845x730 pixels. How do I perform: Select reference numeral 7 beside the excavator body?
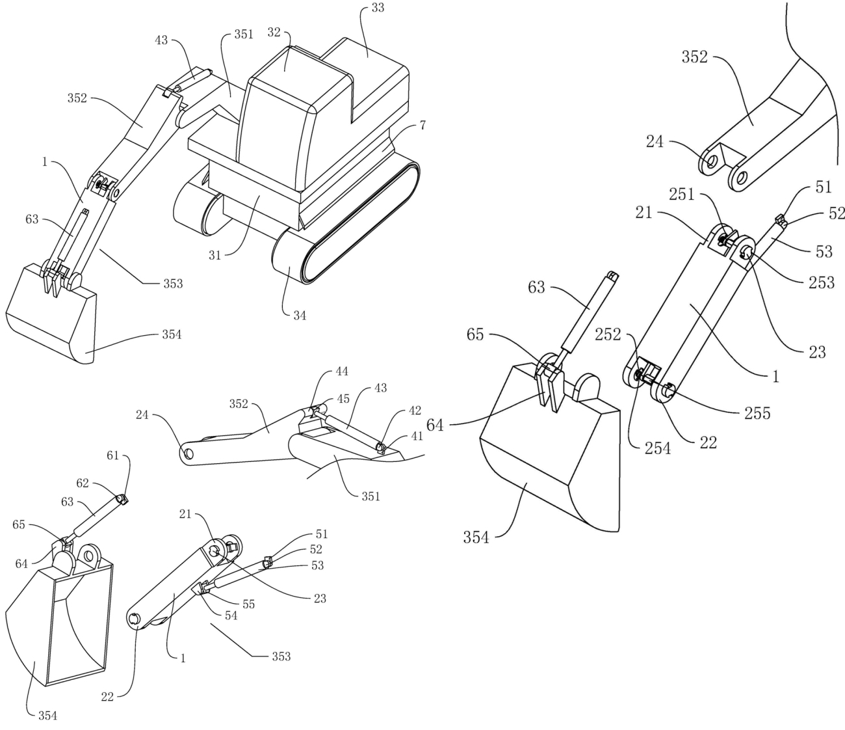click(x=423, y=125)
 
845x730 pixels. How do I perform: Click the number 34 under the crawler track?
click(x=300, y=316)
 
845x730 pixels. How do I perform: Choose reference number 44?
click(x=342, y=372)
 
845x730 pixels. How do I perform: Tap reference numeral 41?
click(x=416, y=436)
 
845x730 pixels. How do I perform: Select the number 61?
click(x=114, y=455)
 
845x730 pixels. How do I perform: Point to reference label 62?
click(x=83, y=483)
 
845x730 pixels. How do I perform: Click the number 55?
click(x=248, y=604)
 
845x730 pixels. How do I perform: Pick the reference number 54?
click(x=231, y=615)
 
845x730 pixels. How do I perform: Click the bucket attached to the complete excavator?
click(x=52, y=316)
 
